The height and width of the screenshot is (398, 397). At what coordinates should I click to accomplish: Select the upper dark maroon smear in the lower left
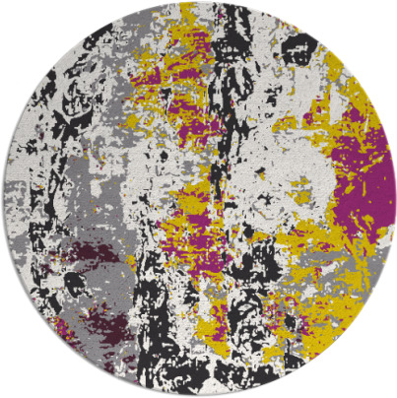click(84, 258)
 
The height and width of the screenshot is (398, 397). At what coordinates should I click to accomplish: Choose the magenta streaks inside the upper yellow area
click(192, 99)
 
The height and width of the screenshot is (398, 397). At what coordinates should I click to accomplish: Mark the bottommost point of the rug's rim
click(198, 395)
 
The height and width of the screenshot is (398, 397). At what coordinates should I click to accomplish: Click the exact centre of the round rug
click(198, 199)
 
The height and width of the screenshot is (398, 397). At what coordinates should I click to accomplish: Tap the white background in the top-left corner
click(15, 15)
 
